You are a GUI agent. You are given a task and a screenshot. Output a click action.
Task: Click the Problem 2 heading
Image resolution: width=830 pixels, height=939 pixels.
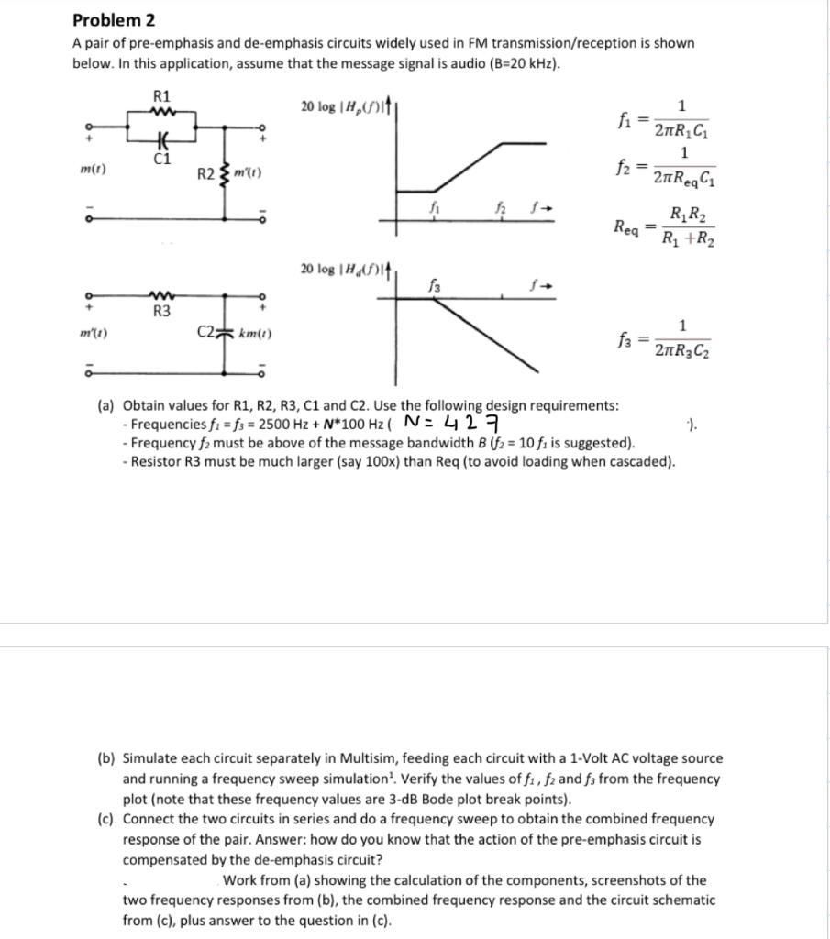[114, 19]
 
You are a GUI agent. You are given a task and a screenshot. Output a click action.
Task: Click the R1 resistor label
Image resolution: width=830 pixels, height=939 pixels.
[161, 95]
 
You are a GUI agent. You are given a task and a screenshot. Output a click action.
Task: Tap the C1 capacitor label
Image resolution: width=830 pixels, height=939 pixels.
[161, 158]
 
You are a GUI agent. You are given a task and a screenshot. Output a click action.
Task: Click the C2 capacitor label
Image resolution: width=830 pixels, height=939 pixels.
[207, 332]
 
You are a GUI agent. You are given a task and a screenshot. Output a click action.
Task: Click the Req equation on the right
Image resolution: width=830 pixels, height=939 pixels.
[662, 226]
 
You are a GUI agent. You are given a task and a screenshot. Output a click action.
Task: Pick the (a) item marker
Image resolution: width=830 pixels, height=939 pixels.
[106, 405]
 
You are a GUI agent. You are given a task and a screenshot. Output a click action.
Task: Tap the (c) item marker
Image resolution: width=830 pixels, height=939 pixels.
[106, 819]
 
